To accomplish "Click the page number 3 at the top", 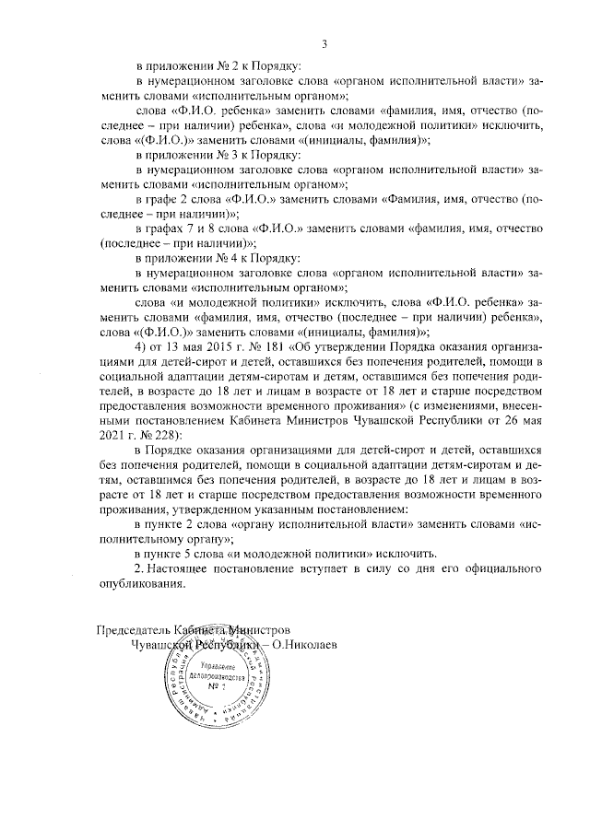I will pyautogui.click(x=324, y=42).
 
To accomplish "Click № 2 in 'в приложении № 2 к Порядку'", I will pyautogui.click(x=223, y=66).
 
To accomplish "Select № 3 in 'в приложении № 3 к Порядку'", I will pyautogui.click(x=223, y=155).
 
